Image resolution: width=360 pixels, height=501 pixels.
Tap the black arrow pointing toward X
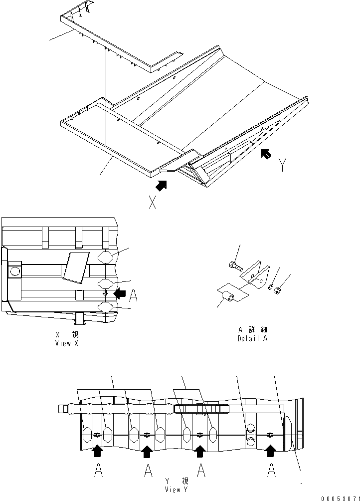pos(161,186)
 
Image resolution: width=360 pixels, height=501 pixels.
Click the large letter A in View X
pos(133,296)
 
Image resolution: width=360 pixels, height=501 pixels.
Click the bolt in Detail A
pos(234,266)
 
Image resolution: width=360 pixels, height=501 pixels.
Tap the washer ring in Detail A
pos(270,287)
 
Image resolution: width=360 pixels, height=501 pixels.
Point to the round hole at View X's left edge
pos(13,271)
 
